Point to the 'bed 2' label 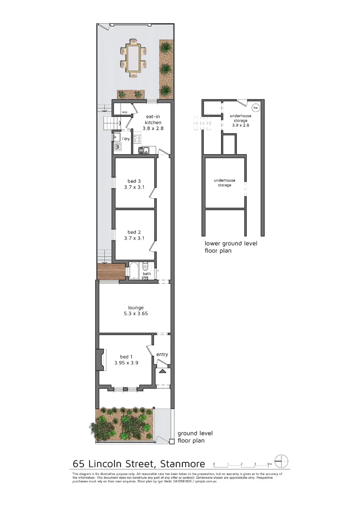click(134, 235)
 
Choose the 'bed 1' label click(126, 360)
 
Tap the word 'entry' click(162, 354)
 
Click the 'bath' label click(147, 274)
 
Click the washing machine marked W click(117, 147)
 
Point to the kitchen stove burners click(138, 139)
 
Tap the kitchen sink click(143, 150)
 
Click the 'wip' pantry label click(125, 112)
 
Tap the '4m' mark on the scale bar click(270, 464)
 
